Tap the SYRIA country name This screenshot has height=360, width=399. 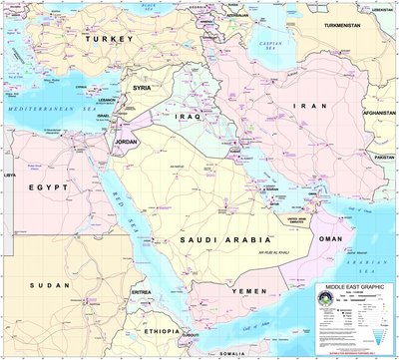coord(143,88)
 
